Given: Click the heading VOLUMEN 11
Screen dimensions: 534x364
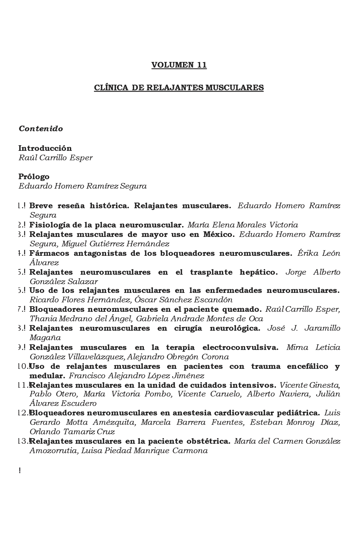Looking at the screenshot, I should coord(179,65).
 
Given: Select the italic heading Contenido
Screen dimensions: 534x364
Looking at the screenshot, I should coord(41,129).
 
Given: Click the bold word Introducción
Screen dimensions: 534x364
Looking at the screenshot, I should coord(45,148).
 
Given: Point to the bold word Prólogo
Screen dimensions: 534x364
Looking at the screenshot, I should coord(34,177).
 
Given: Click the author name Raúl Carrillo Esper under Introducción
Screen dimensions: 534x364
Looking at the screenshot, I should coord(56,158).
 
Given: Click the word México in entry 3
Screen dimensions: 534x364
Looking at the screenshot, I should coord(219,234).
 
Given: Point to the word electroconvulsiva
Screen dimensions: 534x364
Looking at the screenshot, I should coord(240,348).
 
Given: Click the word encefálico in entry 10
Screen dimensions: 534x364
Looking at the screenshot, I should coord(307,367).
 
